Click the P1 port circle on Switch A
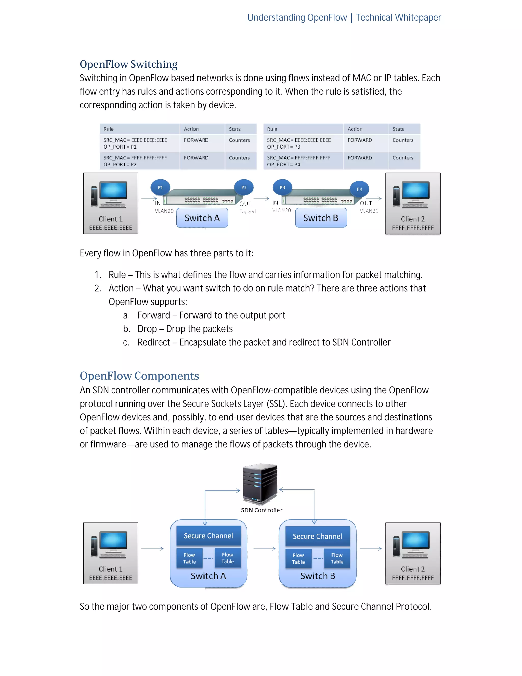click(x=160, y=187)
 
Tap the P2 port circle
click(x=244, y=187)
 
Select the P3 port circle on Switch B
click(x=282, y=187)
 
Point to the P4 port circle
click(x=359, y=189)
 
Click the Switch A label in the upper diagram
click(x=202, y=218)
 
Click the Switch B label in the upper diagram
click(x=321, y=218)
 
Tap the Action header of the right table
click(x=366, y=129)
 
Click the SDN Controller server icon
click(x=260, y=484)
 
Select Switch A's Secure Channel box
click(x=208, y=536)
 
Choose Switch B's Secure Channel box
click(x=317, y=536)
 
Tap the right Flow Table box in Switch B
click(x=337, y=558)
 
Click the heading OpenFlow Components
click(x=139, y=376)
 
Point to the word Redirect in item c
click(x=154, y=342)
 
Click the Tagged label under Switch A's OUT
click(x=247, y=211)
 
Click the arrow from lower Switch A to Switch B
click(x=264, y=549)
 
